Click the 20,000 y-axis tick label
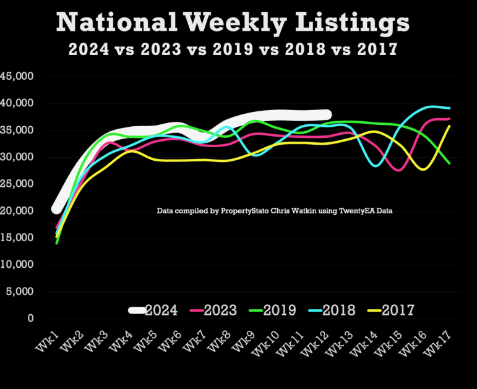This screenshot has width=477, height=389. click(x=20, y=211)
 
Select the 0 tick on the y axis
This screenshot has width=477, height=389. click(x=30, y=318)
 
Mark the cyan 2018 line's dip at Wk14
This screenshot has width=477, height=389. click(x=376, y=166)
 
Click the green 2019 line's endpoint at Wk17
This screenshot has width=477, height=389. click(x=449, y=163)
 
